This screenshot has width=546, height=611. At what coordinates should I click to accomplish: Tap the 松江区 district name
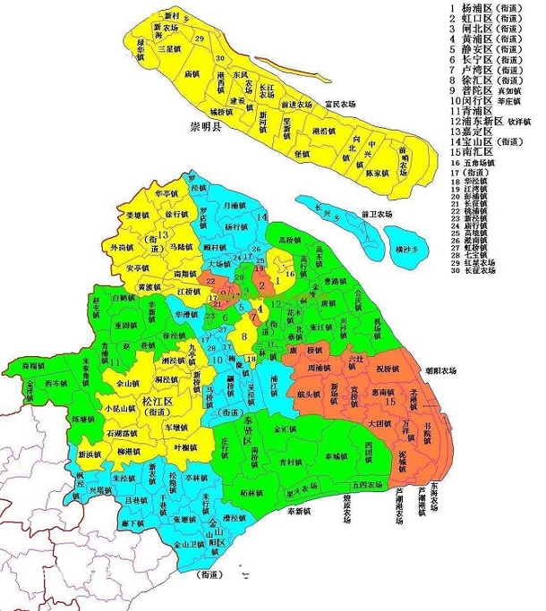pos(159,402)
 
